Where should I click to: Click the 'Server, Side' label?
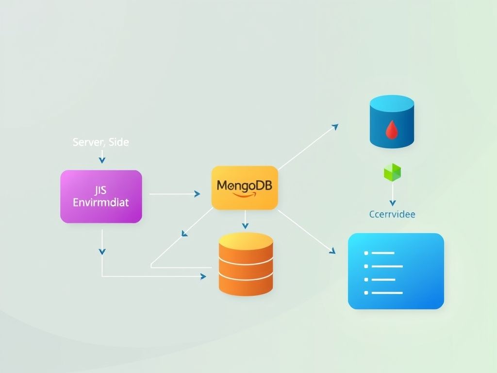101,142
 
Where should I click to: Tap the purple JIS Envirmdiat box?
101,196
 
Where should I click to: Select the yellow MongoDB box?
245,188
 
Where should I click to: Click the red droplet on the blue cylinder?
391,130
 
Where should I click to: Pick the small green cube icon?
393,172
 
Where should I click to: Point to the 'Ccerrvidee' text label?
392,214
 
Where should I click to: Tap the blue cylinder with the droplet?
392,121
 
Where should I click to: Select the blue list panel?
396,271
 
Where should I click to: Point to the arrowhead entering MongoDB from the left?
197,194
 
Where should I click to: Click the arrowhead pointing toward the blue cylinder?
334,126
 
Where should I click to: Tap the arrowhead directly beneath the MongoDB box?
245,225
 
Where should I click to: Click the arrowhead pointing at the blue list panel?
332,251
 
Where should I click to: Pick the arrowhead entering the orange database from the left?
203,276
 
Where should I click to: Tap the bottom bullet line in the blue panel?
383,293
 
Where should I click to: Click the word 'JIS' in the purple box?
101,190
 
